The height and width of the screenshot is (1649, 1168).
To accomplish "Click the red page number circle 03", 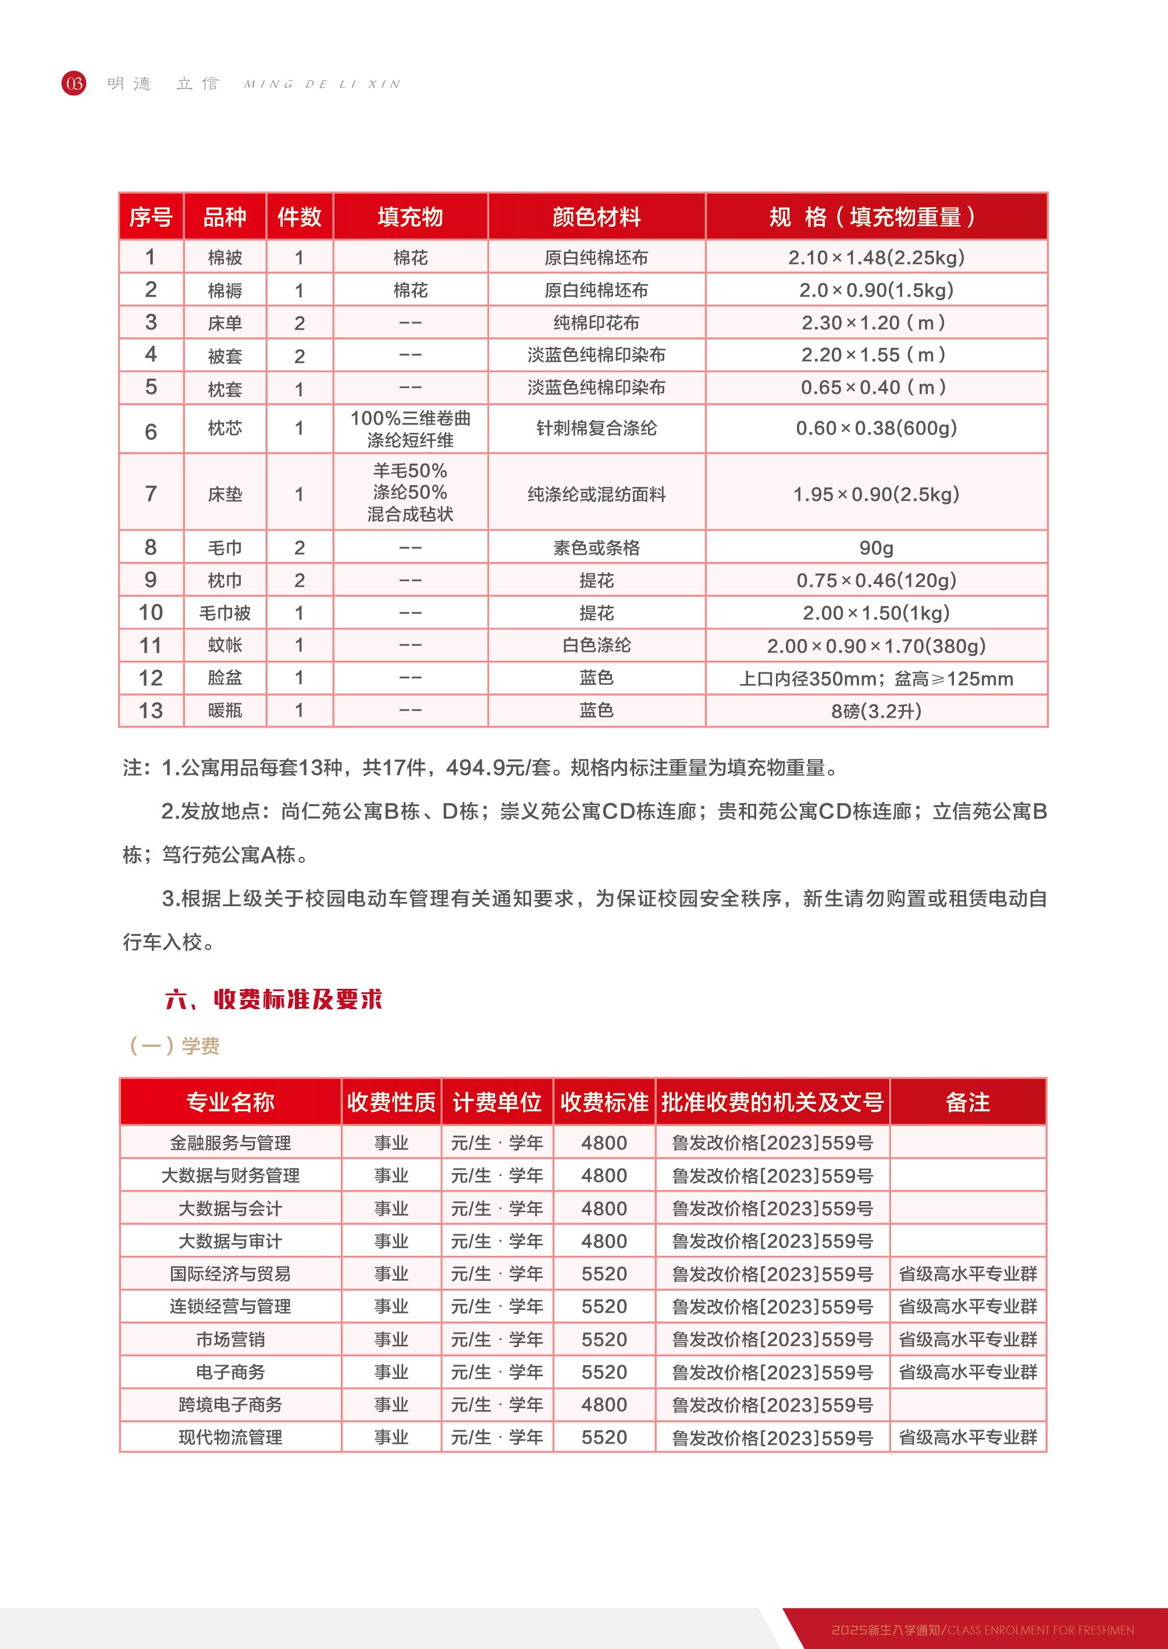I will pyautogui.click(x=73, y=83).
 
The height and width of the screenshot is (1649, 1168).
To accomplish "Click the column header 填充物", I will pyautogui.click(x=410, y=216).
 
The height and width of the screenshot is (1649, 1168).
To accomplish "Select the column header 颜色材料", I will pyautogui.click(x=596, y=216).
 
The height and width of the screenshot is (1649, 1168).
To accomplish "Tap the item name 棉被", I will pyautogui.click(x=225, y=258).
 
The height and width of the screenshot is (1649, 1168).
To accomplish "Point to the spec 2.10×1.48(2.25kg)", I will pyautogui.click(x=876, y=258).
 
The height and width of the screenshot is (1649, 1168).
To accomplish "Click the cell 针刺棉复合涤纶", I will pyautogui.click(x=596, y=429).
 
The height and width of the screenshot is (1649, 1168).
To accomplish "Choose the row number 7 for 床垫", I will pyautogui.click(x=150, y=494).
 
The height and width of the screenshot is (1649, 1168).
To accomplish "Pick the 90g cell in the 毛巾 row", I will pyautogui.click(x=876, y=548).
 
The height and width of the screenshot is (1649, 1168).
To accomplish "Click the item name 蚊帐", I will pyautogui.click(x=225, y=645).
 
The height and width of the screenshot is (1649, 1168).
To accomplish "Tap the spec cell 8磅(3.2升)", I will pyautogui.click(x=876, y=711).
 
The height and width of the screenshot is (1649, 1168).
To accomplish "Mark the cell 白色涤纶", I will pyautogui.click(x=596, y=645).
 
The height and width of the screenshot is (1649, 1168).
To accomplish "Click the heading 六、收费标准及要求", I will pyautogui.click(x=273, y=999).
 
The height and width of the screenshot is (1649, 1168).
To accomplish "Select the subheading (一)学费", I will pyautogui.click(x=174, y=1046).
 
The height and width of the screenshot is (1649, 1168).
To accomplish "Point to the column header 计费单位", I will pyautogui.click(x=496, y=1102).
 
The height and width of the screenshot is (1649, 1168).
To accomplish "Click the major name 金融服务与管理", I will pyautogui.click(x=230, y=1143).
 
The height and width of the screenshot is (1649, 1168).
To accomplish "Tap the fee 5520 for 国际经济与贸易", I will pyautogui.click(x=604, y=1274).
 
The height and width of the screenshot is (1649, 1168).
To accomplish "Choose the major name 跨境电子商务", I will pyautogui.click(x=230, y=1405).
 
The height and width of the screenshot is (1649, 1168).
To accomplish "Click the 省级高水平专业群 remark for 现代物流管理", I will pyautogui.click(x=967, y=1437).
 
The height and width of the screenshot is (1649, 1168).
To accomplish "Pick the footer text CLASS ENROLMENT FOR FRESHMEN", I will pyautogui.click(x=1040, y=1630).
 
